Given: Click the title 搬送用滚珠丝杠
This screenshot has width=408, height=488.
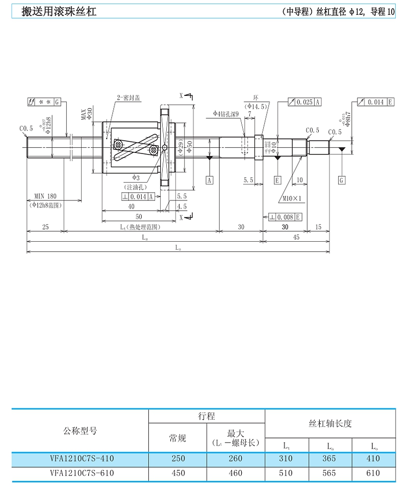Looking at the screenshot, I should (x=59, y=11).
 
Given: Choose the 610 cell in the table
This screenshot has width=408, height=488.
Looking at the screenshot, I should (x=373, y=473).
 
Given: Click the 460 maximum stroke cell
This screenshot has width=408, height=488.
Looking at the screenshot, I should (x=236, y=473).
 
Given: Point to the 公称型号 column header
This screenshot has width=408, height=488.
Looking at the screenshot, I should (x=79, y=431).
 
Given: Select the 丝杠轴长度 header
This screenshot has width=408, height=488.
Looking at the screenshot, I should (x=330, y=424).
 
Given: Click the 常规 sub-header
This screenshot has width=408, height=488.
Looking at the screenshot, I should (x=177, y=438).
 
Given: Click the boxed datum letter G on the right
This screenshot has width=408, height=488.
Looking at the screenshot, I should (x=341, y=180).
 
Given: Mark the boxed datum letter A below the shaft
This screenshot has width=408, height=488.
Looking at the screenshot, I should (x=210, y=180).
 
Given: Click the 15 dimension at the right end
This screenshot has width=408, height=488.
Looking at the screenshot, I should (x=319, y=227).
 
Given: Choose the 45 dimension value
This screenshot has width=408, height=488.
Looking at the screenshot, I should (x=296, y=238).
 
